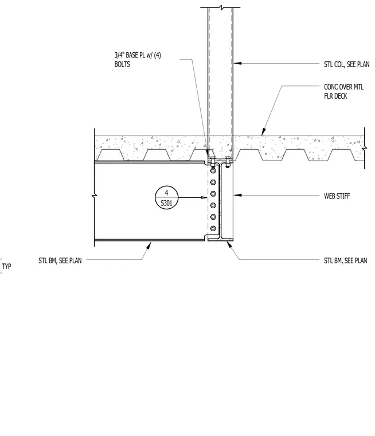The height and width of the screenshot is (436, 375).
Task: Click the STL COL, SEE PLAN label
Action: coord(347,64)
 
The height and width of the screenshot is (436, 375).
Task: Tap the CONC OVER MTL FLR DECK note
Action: coord(343,91)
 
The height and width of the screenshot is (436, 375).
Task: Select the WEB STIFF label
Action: coord(337,196)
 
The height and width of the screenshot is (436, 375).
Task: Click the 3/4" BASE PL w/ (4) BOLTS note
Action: coord(138,60)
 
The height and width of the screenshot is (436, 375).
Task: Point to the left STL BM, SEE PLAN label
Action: coord(60,260)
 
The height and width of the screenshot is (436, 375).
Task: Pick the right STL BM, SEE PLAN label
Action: coord(346,260)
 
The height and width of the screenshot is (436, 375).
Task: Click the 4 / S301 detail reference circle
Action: coord(166,197)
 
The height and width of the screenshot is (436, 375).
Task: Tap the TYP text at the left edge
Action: coord(6,266)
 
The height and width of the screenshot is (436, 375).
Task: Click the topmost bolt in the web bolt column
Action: coord(213,170)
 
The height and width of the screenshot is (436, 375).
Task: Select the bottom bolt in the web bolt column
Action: coord(213,228)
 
